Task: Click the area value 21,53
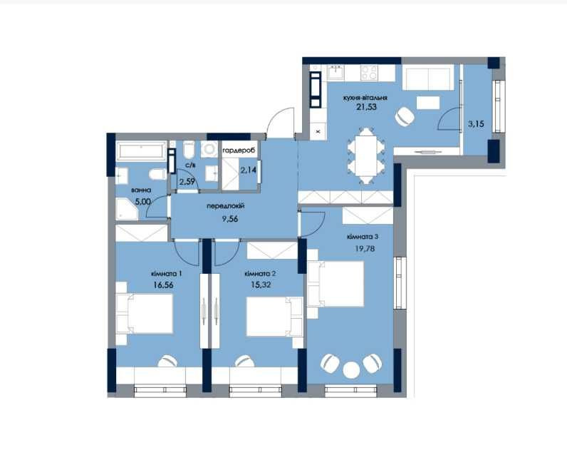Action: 366,107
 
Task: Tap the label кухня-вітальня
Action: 365,98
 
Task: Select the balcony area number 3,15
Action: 476,124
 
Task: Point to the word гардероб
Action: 239,150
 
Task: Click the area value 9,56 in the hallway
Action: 230,219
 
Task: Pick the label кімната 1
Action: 167,274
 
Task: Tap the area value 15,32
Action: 261,285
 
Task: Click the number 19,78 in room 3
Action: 365,248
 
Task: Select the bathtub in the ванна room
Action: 141,150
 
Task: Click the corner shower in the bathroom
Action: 127,208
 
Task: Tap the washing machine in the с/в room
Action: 209,149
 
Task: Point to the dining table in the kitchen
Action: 367,155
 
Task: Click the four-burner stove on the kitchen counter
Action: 369,73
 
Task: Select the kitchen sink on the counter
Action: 336,73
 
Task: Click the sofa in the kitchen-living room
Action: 428,77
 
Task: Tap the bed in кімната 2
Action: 275,317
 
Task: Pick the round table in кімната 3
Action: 351,370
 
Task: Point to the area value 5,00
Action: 143,202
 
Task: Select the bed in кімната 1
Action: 144,313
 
